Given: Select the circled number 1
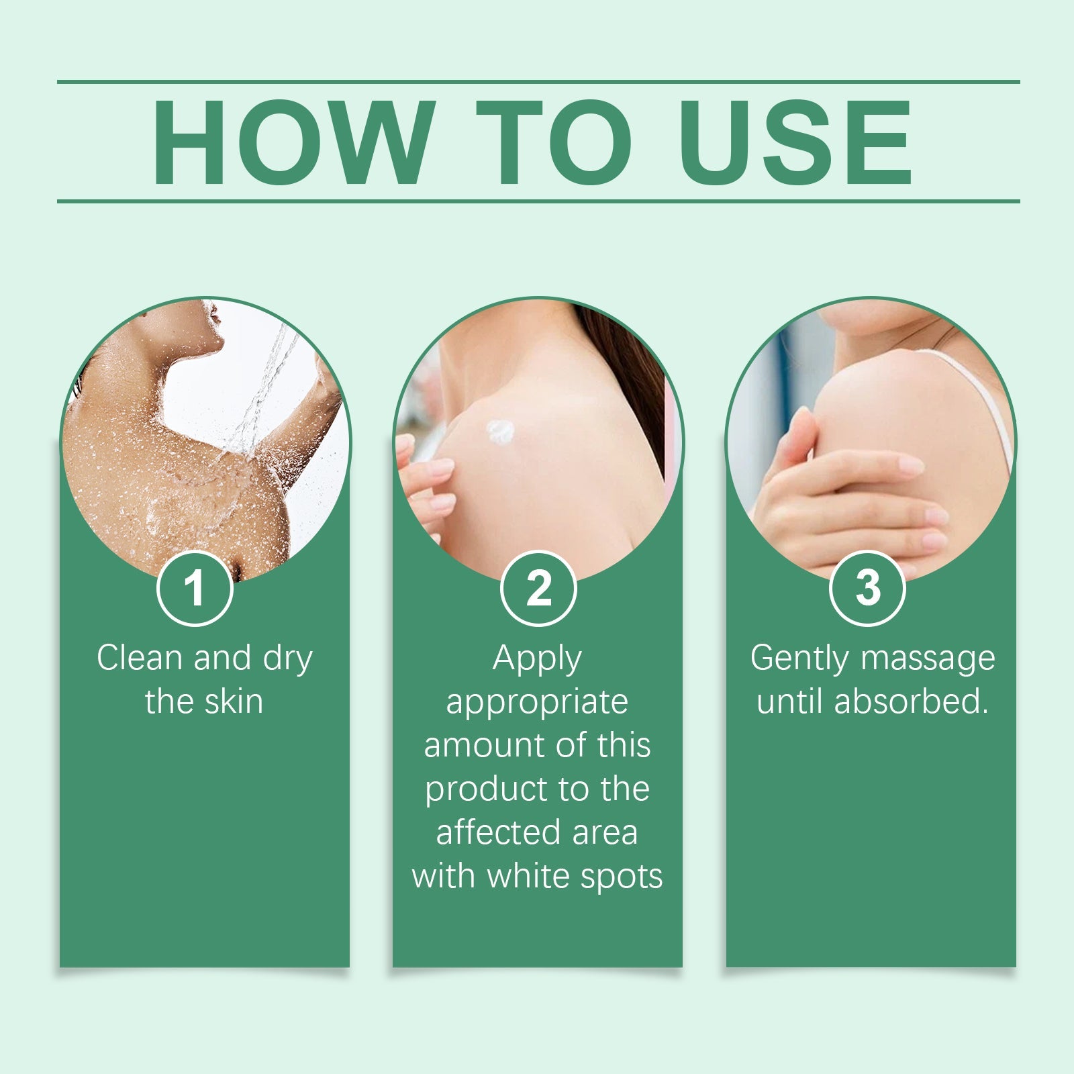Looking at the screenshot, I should (195, 588).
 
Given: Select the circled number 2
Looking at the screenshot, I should (538, 588).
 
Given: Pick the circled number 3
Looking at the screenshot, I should (868, 588).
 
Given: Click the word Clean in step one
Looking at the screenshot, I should (140, 658).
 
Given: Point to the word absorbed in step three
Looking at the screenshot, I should (911, 701).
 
